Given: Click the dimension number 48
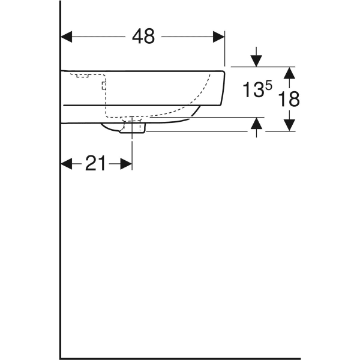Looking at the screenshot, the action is click(x=143, y=37).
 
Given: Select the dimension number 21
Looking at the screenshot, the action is click(x=95, y=163).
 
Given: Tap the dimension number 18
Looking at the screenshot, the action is click(x=289, y=99).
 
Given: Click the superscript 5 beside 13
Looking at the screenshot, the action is click(x=269, y=85).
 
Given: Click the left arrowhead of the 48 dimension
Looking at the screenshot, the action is click(x=67, y=37).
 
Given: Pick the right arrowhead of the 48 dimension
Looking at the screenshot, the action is click(x=218, y=37).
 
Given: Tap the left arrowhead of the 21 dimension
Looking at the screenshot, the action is click(x=67, y=164).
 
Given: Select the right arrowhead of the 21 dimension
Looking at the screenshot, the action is click(x=126, y=164).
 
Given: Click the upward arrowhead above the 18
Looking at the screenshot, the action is click(x=290, y=73).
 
